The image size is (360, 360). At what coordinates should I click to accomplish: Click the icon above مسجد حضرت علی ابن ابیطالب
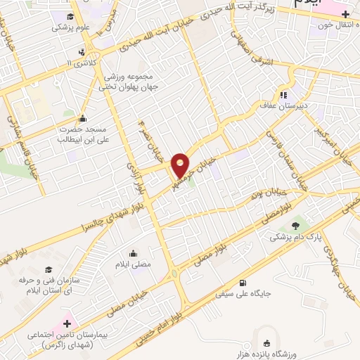coord(83,118)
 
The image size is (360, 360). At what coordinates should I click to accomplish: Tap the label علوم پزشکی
coord(69,29)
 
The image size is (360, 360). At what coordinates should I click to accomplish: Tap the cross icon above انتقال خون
coord(345,15)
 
